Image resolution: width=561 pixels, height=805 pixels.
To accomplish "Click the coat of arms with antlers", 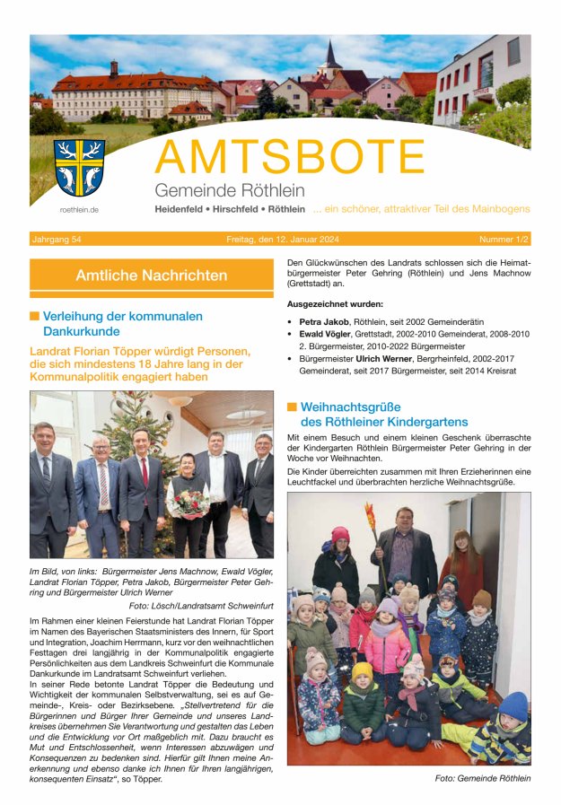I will [79, 168].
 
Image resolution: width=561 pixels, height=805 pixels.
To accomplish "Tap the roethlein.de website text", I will [79, 209].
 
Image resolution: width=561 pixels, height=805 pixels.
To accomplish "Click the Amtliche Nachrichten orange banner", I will [151, 276].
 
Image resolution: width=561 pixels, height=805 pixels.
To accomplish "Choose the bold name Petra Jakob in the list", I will [322, 320].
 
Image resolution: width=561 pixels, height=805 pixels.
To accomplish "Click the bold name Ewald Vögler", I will [326, 334].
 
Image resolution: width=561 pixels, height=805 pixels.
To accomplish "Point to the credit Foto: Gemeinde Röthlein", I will [482, 778].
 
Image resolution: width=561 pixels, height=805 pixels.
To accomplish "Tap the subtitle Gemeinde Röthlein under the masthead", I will [229, 190].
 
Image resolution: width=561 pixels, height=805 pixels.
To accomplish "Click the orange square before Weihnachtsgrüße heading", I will [292, 407].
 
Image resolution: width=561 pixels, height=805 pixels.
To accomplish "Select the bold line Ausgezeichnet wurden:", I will [335, 304].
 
